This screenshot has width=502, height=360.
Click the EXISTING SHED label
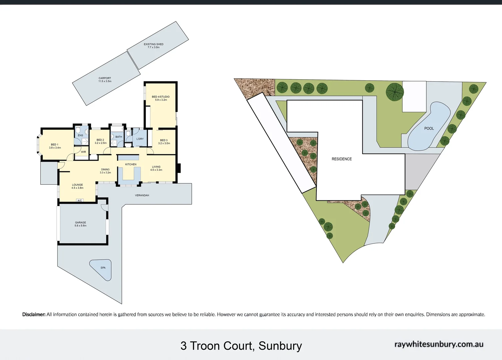coord(154,44)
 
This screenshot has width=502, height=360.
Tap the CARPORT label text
coord(105,78)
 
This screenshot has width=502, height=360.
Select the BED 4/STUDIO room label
coord(161,97)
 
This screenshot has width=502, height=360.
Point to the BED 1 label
coord(55,145)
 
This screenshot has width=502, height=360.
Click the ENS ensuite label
coord(80,135)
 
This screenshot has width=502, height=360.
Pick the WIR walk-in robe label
coord(83,152)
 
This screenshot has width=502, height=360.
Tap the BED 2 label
coord(100,140)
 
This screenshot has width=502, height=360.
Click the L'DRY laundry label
coord(140,139)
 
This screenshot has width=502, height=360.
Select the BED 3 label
coord(164,140)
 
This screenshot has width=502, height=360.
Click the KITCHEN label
coord(131,164)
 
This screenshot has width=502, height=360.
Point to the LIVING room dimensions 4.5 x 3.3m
coord(156,170)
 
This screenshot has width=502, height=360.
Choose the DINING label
coord(105,169)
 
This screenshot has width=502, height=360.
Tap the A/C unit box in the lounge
coord(80,201)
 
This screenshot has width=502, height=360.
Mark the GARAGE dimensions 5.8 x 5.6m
coord(81,226)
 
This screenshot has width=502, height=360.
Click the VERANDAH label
coord(142,195)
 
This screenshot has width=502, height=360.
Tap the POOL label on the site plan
coord(429,128)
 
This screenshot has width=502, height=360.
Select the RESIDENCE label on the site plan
coord(341,159)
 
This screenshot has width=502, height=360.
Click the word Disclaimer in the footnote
coord(34,314)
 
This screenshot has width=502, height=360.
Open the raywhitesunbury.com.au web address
coord(439,344)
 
